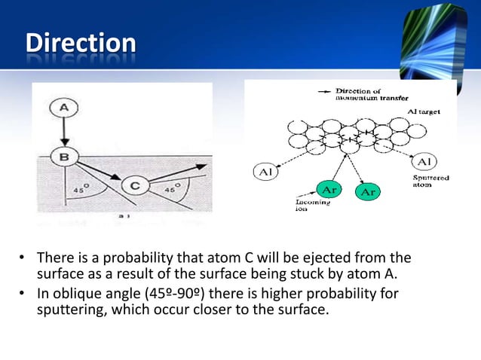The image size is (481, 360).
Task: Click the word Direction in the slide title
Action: click(80, 43)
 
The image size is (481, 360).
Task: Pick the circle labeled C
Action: click(133, 184)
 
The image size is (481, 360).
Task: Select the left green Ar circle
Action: click(326, 188)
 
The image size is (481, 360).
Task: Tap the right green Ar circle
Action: click(369, 192)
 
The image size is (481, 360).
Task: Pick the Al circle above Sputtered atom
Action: click(423, 163)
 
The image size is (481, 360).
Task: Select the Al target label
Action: click(424, 111)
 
